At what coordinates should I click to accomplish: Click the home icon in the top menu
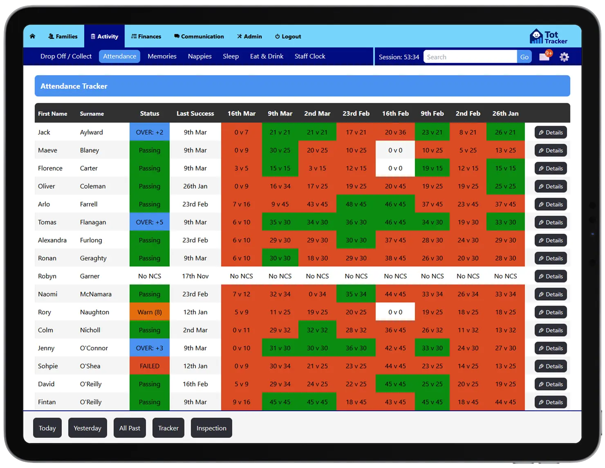(33, 36)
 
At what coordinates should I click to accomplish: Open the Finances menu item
(146, 36)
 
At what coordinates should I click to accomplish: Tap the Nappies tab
(199, 56)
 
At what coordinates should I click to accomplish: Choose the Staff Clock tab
(309, 56)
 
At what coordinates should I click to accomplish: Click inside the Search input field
(470, 57)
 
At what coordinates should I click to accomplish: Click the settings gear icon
(564, 57)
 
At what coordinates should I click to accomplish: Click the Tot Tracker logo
(548, 37)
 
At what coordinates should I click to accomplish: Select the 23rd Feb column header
(356, 114)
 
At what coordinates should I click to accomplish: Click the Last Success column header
(195, 114)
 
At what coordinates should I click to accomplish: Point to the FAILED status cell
(149, 366)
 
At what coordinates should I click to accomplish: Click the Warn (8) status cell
(149, 312)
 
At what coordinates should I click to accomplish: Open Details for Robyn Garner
(550, 276)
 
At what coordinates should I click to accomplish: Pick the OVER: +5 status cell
(149, 222)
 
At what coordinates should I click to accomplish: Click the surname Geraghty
(93, 258)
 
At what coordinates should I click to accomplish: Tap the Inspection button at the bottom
(211, 428)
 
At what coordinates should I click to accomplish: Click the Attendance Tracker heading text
(74, 86)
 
